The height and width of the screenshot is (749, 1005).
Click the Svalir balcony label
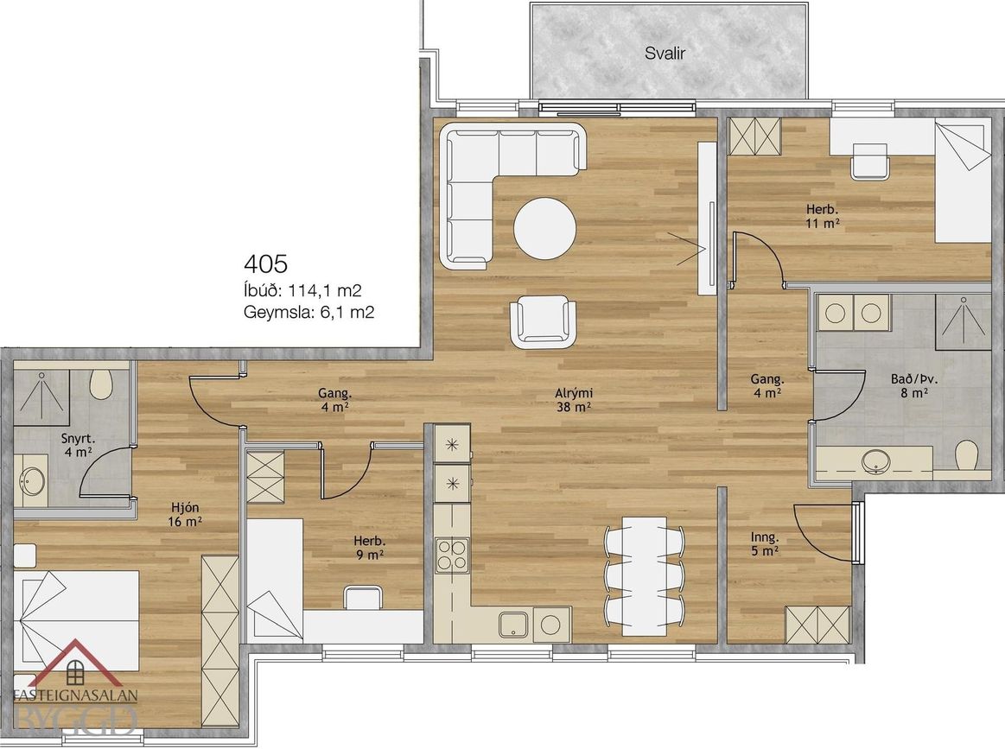(x=665, y=54)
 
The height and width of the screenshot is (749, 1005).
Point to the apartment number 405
(x=266, y=263)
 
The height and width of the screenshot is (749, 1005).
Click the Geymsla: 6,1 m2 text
(x=309, y=312)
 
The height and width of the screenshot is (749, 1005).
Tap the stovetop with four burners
(x=452, y=555)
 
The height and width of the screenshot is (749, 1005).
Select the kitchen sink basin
(x=514, y=625)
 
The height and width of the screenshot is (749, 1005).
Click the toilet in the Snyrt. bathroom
(x=102, y=384)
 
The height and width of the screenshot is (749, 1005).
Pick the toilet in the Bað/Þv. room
(x=965, y=457)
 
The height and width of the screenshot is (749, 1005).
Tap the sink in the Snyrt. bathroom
(x=31, y=478)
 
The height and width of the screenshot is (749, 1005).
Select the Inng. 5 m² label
(x=765, y=543)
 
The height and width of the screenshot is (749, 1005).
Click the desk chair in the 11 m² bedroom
(x=870, y=161)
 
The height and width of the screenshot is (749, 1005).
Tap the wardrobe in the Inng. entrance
(x=817, y=624)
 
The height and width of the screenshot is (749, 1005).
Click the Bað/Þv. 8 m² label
(x=909, y=385)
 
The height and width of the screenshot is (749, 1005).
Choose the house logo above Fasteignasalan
(x=76, y=663)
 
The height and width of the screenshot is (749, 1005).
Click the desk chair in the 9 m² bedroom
(x=364, y=597)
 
